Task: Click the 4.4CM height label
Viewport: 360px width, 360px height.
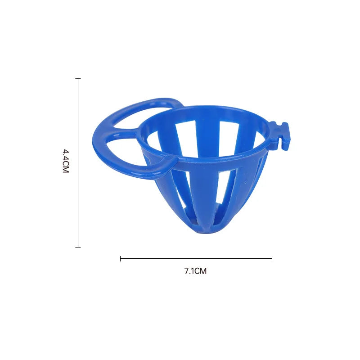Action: (66, 162)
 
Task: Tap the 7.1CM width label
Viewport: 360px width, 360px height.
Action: (195, 271)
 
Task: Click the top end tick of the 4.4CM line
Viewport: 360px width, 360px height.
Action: (78, 79)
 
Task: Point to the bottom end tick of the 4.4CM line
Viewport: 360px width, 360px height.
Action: (78, 247)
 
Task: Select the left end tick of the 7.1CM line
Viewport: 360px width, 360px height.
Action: (121, 258)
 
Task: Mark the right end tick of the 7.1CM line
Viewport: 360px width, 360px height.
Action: (272, 258)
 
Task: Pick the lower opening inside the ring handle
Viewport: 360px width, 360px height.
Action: (124, 151)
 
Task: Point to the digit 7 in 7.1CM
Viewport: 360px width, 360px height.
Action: (186, 271)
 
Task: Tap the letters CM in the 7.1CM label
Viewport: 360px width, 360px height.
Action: (201, 271)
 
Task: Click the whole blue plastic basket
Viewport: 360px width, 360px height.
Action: (202, 171)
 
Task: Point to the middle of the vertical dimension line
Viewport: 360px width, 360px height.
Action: (78, 162)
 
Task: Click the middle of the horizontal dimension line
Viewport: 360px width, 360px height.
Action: (196, 258)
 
